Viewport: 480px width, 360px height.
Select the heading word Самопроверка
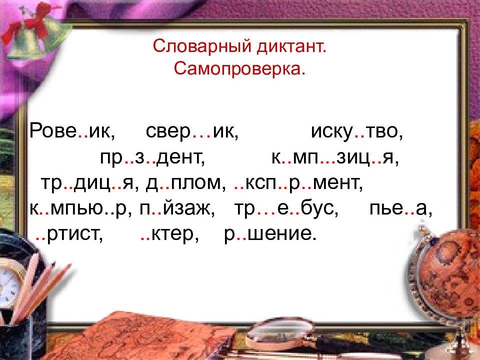[239, 69]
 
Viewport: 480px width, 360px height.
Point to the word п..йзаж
[177, 209]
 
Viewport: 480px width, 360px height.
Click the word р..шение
[270, 234]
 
